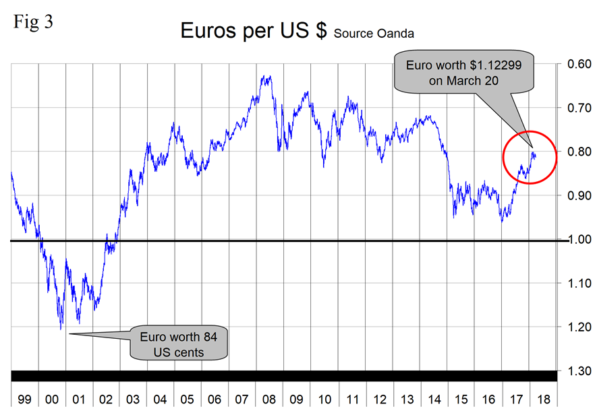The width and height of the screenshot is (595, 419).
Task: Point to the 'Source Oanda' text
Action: click(373, 33)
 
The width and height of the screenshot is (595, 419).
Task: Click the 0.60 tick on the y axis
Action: click(575, 65)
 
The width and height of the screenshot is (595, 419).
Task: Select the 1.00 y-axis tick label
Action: click(575, 240)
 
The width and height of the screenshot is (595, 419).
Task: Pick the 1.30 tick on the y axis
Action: click(575, 371)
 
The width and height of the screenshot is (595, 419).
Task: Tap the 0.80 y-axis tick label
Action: click(575, 152)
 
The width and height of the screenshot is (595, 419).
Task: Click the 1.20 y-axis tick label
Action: click(575, 327)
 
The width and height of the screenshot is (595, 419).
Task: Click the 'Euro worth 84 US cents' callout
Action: click(179, 343)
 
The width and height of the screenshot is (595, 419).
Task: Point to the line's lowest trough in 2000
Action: click(61, 329)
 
